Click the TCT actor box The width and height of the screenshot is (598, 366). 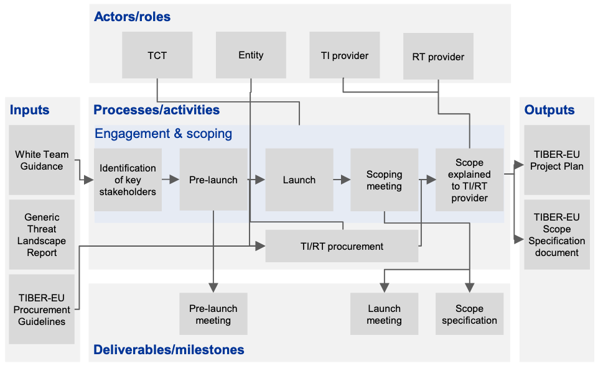click(x=157, y=55)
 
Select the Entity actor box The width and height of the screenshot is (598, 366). click(x=251, y=55)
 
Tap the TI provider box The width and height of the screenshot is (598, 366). click(x=344, y=55)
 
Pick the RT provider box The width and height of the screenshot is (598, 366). click(x=438, y=57)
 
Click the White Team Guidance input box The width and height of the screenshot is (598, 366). click(x=42, y=160)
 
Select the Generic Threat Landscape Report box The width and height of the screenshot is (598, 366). click(x=42, y=235)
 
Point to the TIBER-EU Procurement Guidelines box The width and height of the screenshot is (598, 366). click(x=42, y=309)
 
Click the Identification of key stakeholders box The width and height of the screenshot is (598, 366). click(x=128, y=180)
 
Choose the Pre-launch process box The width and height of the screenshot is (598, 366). click(x=213, y=180)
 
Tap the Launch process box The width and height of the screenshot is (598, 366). click(x=299, y=180)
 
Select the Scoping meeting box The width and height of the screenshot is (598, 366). click(x=384, y=180)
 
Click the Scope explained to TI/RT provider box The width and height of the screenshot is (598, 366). click(x=469, y=180)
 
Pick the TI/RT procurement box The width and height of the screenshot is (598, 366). click(x=342, y=246)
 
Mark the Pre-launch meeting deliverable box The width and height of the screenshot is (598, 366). click(x=213, y=314)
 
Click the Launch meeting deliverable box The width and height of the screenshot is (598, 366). click(x=384, y=314)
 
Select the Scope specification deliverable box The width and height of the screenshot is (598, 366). click(x=469, y=314)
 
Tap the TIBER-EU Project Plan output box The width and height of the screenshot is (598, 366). click(x=557, y=160)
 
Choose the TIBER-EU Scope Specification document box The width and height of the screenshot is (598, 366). click(x=557, y=235)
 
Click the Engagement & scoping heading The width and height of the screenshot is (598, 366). click(x=163, y=134)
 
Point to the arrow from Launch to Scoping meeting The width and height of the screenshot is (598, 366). click(x=341, y=180)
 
